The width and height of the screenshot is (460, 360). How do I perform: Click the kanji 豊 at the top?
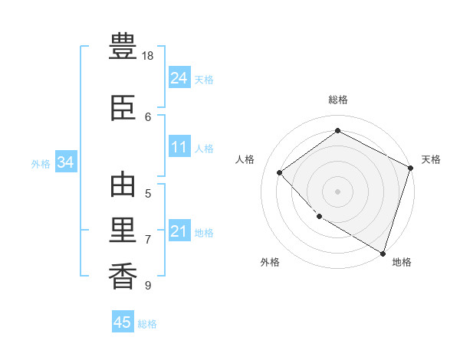click(x=123, y=46)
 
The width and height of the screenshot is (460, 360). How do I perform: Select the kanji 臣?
click(x=123, y=108)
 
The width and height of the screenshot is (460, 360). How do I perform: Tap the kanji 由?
click(x=123, y=185)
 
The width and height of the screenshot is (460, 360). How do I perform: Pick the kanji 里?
click(x=123, y=230)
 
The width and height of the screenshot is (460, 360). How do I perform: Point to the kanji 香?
click(x=123, y=276)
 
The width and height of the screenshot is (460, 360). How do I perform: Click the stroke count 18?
click(x=147, y=56)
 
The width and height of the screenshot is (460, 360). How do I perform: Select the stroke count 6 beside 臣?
click(x=148, y=117)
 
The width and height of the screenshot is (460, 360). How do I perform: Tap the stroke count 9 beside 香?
click(x=148, y=285)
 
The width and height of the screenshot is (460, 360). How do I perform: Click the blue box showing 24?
click(x=179, y=77)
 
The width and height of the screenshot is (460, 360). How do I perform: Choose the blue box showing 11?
click(x=179, y=146)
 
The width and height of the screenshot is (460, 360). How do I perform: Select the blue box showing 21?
click(x=179, y=230)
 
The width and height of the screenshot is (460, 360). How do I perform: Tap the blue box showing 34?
click(x=66, y=162)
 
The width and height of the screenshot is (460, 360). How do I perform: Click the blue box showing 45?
click(x=123, y=321)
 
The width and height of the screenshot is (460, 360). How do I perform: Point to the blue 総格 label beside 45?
click(x=147, y=324)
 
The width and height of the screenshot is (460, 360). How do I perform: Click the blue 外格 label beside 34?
click(x=41, y=164)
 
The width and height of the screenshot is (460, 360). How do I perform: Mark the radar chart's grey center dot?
click(x=337, y=191)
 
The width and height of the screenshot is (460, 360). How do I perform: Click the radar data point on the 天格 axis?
click(x=410, y=168)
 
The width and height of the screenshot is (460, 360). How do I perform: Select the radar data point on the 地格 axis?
click(x=383, y=254)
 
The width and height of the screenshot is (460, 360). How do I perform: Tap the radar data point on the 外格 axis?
click(x=320, y=217)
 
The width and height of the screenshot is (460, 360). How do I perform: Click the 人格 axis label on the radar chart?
click(x=245, y=159)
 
